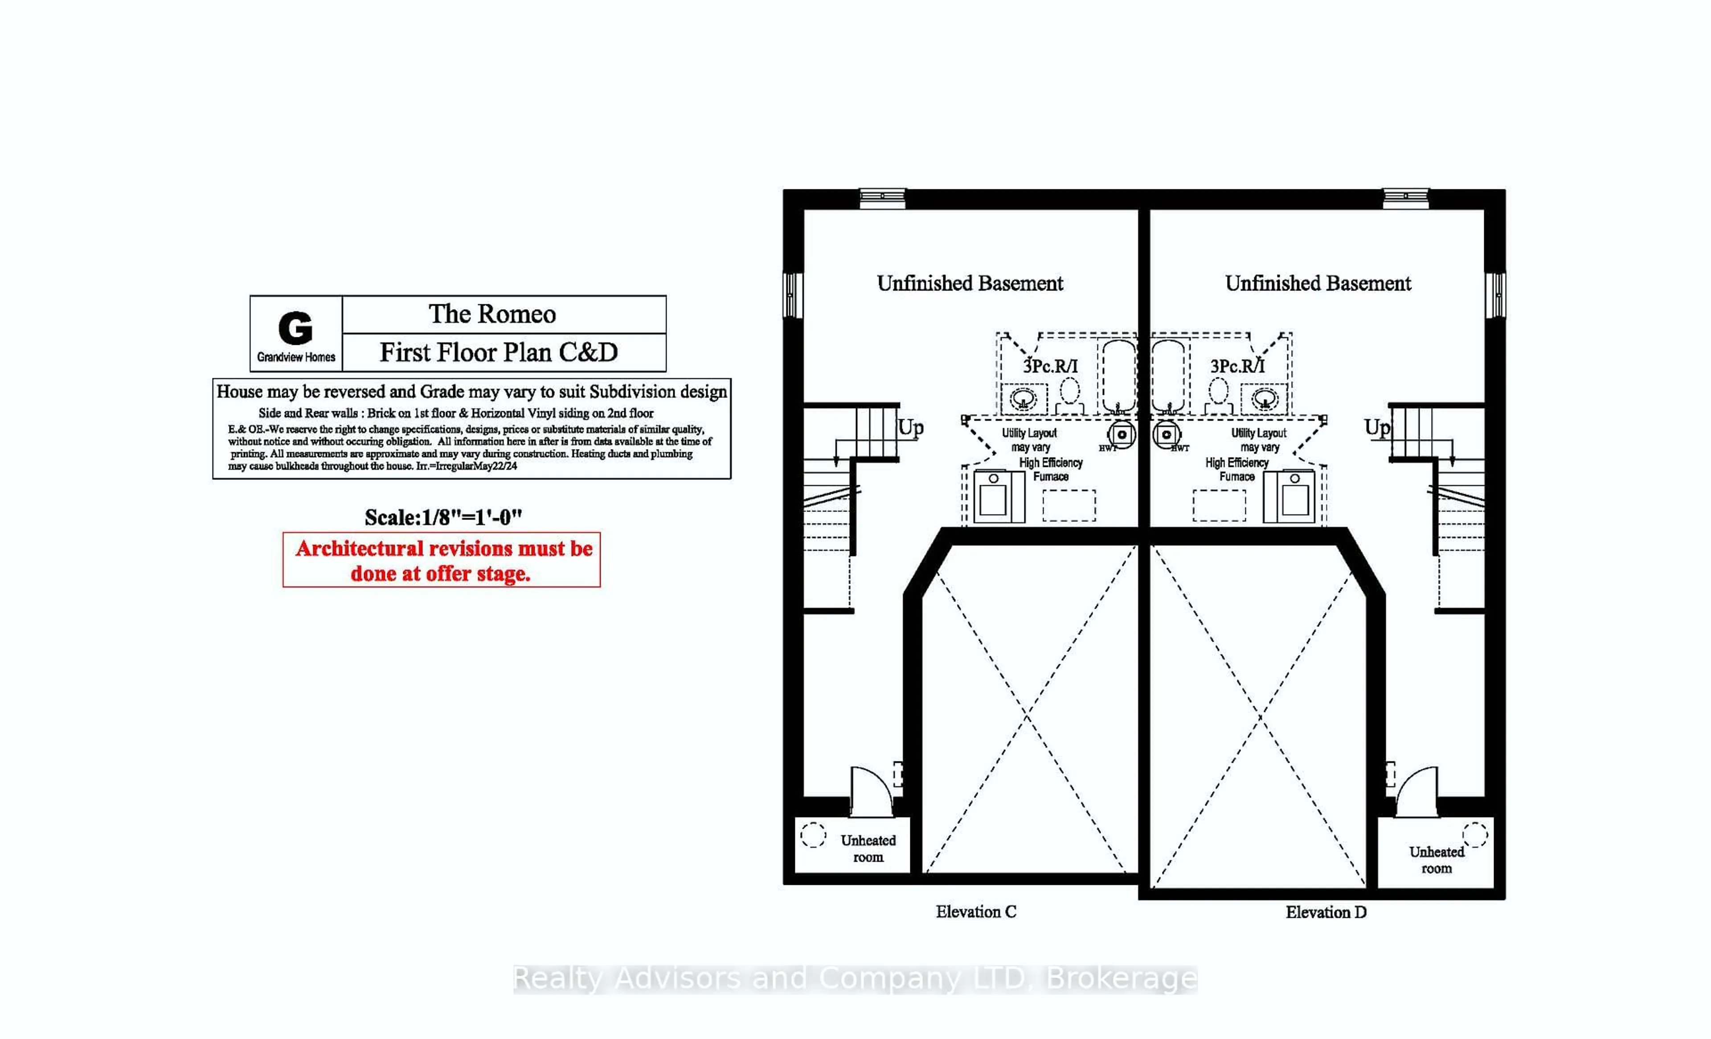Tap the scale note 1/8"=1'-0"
443,517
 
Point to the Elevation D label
1326,912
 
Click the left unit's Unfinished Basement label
970,283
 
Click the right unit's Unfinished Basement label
1317,283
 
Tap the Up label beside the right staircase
1376,427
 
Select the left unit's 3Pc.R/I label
1050,366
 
